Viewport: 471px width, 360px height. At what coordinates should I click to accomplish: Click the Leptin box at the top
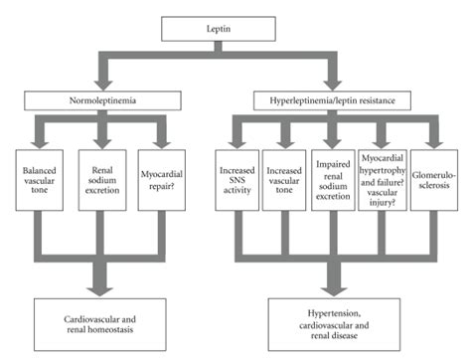pos(235,32)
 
